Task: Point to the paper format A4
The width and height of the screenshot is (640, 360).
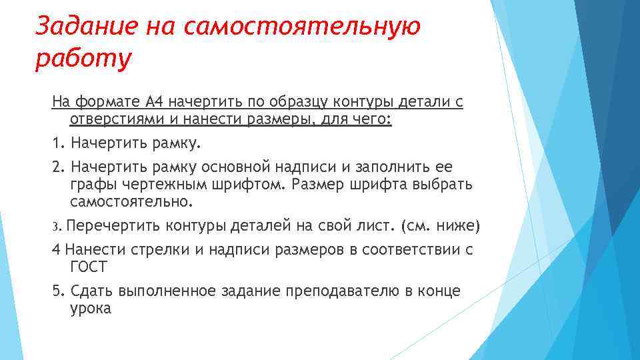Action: tap(153, 102)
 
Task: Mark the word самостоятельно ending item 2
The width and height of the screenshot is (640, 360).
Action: tap(131, 201)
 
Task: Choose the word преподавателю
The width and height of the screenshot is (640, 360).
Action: tap(353, 291)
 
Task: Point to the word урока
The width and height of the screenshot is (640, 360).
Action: tap(90, 309)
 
